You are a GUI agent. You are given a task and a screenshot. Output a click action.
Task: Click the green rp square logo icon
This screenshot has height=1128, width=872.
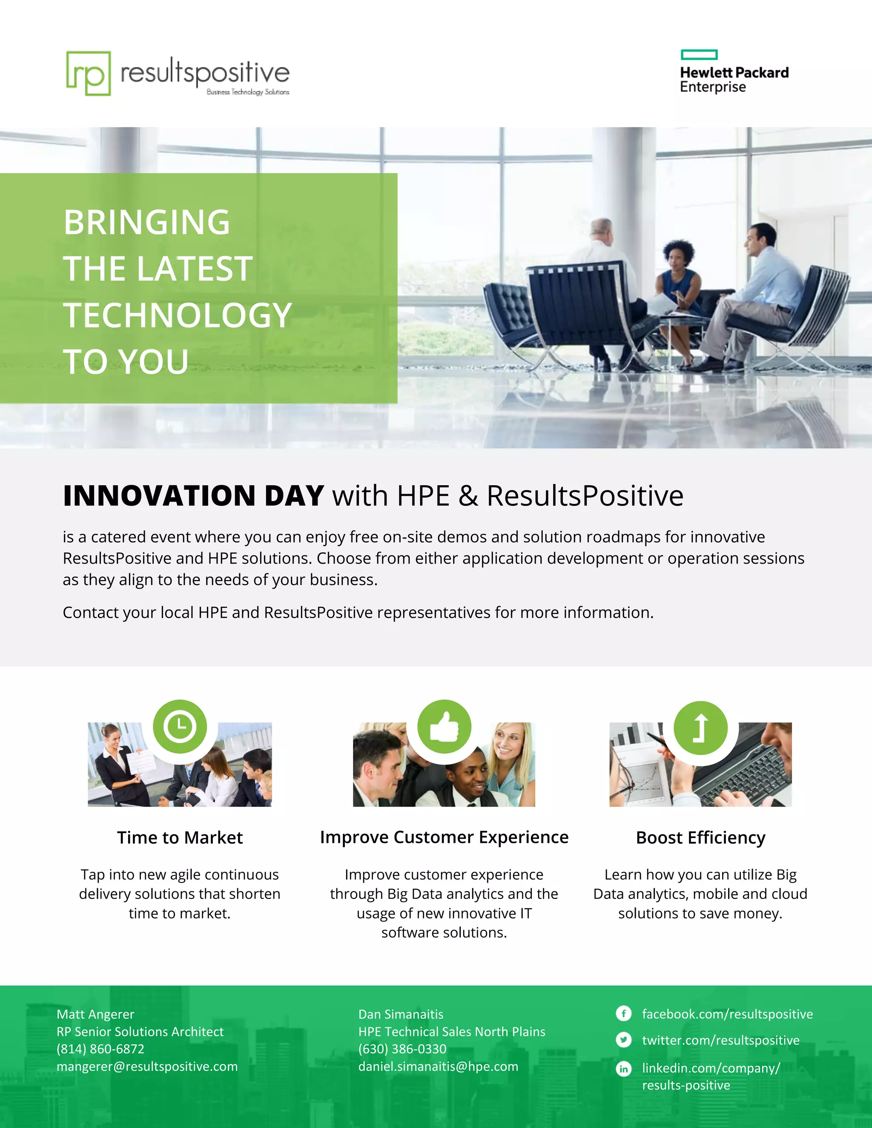[88, 73]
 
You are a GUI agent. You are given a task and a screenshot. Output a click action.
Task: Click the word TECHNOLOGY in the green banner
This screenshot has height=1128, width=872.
[178, 315]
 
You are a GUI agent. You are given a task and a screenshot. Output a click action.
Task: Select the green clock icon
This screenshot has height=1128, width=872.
[180, 726]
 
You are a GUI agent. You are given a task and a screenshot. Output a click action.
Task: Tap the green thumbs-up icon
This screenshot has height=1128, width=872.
[444, 726]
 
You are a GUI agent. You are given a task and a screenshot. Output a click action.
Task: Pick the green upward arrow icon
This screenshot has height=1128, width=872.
[700, 728]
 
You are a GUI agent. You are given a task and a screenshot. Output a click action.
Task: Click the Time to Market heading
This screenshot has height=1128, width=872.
[180, 837]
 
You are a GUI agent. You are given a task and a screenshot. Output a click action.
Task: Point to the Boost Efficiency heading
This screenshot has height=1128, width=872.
[700, 837]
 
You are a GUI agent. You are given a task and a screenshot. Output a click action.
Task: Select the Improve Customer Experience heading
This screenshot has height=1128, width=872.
[444, 837]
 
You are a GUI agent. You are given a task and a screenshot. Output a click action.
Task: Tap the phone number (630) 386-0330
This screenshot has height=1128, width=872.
[402, 1048]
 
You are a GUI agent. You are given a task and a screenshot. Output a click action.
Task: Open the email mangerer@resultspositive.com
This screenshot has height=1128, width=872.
[147, 1066]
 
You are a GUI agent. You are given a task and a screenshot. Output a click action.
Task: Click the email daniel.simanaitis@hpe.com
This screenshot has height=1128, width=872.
[438, 1066]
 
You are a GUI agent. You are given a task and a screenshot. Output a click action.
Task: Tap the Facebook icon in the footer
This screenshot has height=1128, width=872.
[623, 1013]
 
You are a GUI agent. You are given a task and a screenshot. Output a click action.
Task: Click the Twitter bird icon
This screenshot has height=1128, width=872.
[623, 1040]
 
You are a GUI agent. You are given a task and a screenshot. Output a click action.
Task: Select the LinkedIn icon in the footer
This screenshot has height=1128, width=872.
[623, 1068]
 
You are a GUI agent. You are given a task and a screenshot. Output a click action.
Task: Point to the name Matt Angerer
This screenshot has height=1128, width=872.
[95, 1014]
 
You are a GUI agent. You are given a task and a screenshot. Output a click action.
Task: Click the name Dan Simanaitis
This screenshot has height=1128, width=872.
[401, 1014]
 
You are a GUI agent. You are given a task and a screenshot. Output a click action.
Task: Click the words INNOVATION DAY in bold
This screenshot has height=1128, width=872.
[193, 496]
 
